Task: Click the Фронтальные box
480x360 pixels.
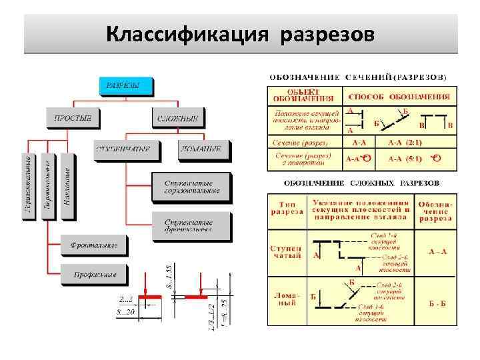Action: pos(93,245)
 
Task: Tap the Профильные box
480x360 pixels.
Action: pos(93,273)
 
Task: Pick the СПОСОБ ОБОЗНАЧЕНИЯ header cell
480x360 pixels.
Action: pos(399,95)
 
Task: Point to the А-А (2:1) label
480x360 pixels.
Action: pos(405,143)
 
